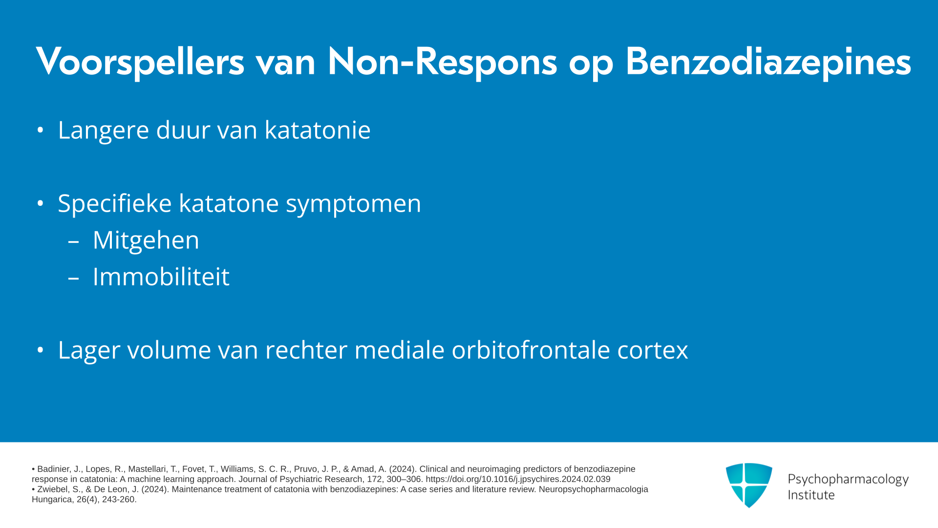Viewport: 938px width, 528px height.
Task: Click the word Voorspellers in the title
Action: (140, 62)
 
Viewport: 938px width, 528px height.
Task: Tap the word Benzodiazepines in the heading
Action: (768, 62)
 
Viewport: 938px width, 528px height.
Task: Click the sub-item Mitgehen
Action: (146, 240)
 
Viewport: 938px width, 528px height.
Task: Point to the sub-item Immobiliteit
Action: (161, 277)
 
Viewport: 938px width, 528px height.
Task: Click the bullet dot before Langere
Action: (41, 130)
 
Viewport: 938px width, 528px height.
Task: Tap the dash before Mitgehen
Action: (74, 241)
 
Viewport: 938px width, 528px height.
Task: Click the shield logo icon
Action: (749, 485)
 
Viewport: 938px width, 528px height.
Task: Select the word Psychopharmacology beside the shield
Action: (848, 480)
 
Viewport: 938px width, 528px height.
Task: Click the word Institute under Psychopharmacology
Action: (811, 495)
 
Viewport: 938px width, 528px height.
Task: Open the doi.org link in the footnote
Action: (518, 480)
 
